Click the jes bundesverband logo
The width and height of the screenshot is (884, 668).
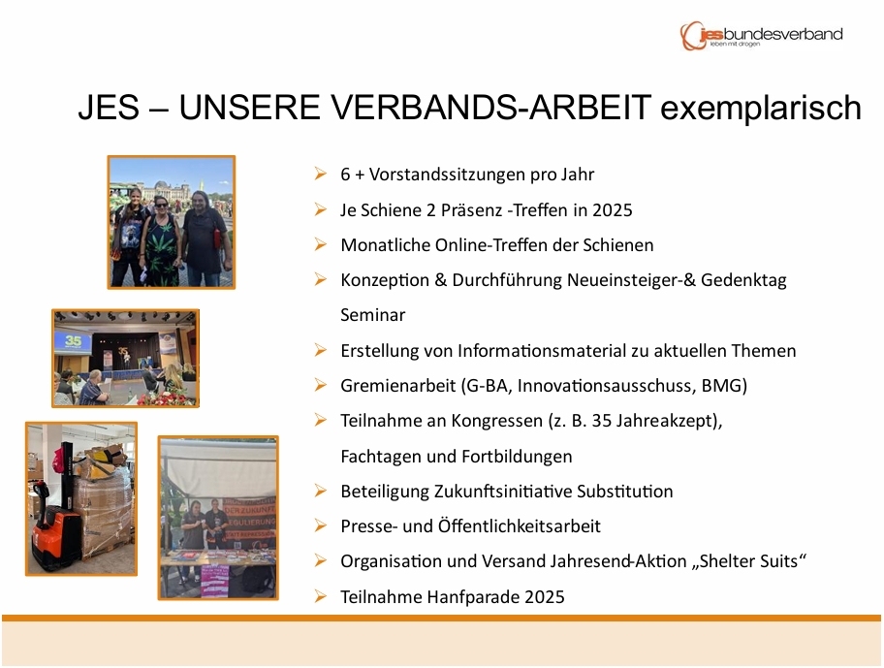[761, 36]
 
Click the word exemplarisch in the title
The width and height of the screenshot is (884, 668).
[761, 109]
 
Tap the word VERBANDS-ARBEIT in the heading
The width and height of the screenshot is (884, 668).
[415, 107]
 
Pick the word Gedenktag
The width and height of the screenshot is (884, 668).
[743, 280]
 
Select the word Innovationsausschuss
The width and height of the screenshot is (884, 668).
[607, 386]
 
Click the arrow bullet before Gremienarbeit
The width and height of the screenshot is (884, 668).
[321, 385]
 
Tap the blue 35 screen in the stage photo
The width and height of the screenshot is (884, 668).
[74, 342]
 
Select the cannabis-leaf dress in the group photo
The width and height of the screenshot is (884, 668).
[161, 248]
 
